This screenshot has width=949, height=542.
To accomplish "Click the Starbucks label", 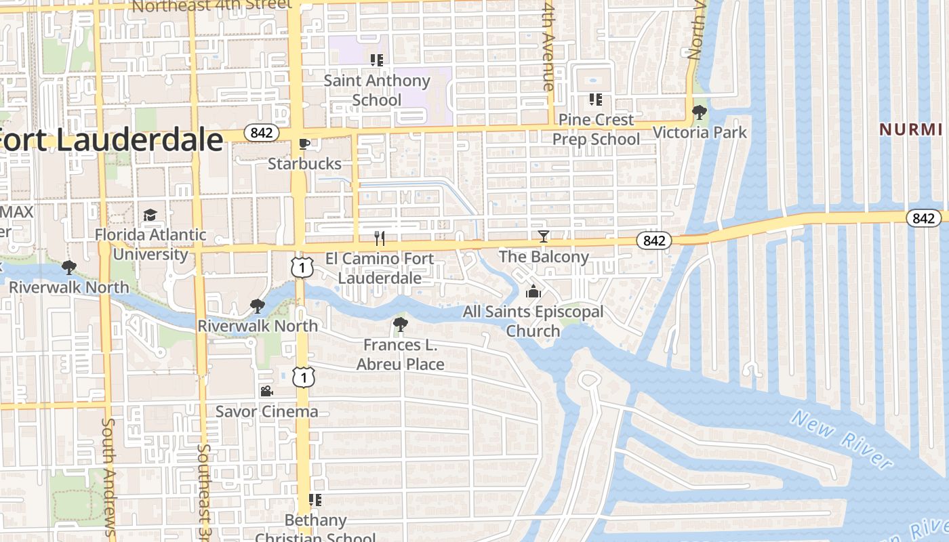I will (x=304, y=164).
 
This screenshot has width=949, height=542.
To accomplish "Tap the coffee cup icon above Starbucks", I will (x=304, y=144).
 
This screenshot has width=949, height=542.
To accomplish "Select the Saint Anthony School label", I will (x=377, y=90).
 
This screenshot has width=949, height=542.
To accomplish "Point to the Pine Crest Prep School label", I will (x=596, y=129).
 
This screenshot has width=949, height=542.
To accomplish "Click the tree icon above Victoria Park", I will (x=700, y=112).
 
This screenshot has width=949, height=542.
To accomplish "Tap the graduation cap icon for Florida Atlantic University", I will (x=150, y=215).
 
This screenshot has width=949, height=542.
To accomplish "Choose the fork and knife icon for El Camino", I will (x=380, y=238).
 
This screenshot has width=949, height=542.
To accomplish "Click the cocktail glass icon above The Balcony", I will (x=543, y=236).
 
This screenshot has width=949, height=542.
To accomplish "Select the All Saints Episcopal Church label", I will (x=533, y=322).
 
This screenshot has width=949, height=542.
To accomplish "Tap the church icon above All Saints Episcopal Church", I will (x=533, y=292).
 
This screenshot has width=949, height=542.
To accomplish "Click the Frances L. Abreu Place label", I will (x=401, y=355).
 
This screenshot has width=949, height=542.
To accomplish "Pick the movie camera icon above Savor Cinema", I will (x=266, y=392).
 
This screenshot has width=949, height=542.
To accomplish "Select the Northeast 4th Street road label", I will (x=212, y=6).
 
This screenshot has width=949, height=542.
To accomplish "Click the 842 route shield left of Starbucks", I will (x=261, y=133).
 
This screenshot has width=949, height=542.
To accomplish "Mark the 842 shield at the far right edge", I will (x=924, y=218).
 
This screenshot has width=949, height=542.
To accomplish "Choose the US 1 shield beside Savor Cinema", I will (x=304, y=377).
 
